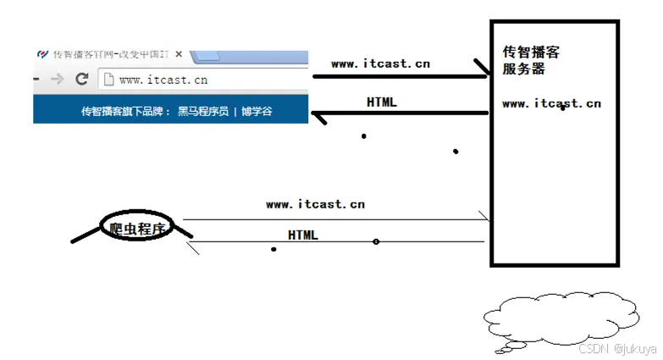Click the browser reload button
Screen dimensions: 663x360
pos(82,79)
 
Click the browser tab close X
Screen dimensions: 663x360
pos(179,54)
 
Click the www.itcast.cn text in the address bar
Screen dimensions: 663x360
pos(163,80)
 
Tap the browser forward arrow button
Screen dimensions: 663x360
pos(57,79)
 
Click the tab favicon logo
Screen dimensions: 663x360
pos(43,54)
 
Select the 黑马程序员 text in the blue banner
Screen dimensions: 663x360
pos(203,111)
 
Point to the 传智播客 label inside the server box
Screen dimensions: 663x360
pos(531,53)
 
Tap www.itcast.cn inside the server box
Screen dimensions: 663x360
pos(551,103)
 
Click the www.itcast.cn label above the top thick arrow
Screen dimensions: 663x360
pos(380,64)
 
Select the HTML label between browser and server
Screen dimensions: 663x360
pos(382,102)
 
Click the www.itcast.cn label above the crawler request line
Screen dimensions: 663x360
pos(315,204)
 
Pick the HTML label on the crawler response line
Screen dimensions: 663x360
pos(303,235)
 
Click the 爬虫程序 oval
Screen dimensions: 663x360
pos(136,228)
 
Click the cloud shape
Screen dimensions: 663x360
pos(561,320)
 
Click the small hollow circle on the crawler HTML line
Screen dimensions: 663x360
pos(376,242)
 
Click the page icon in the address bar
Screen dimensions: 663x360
pos(108,80)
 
